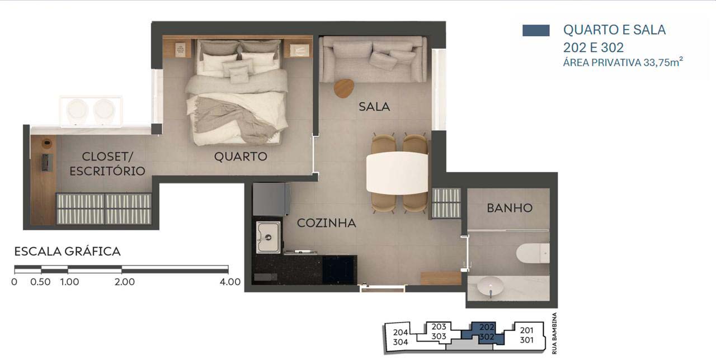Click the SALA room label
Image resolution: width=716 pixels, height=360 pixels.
point(374,107)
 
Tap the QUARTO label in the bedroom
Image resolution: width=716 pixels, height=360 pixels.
point(241,157)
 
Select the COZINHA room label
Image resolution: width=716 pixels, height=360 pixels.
point(326,223)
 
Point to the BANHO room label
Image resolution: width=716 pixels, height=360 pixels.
point(510,209)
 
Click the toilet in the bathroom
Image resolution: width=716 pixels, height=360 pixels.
point(533,253)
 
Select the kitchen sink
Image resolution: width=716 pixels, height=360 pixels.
point(268,237)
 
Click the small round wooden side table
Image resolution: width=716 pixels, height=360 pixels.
point(344,88)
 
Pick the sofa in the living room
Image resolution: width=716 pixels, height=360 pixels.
point(373,59)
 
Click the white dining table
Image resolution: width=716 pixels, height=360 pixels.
point(397,173)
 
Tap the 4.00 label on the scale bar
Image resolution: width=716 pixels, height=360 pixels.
point(230,282)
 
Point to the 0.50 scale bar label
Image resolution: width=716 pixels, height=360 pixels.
point(41,282)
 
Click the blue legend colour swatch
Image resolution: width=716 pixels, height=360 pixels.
point(536,30)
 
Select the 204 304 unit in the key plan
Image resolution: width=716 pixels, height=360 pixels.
point(400,337)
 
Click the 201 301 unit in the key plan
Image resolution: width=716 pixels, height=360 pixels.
point(526,335)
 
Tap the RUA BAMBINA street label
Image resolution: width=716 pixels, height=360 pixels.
point(554,333)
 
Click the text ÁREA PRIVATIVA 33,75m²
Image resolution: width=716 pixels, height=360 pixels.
point(623,62)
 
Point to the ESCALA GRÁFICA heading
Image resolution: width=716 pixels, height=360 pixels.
point(68,252)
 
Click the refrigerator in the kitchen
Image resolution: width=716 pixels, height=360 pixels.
point(271,199)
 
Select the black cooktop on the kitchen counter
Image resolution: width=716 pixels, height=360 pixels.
point(340,269)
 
